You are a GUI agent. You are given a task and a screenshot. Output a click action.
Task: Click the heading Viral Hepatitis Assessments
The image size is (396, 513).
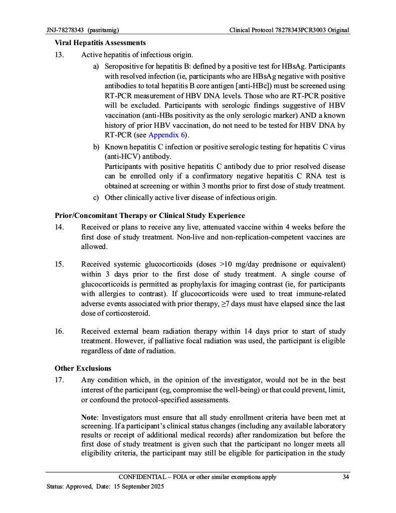tap(100, 43)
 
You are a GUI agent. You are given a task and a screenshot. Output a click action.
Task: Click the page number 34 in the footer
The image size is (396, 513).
tap(345, 477)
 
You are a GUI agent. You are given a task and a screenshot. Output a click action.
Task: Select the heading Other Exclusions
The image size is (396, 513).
tap(83, 368)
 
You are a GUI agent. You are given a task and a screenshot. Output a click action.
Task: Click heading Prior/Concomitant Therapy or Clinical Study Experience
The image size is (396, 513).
tap(150, 215)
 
